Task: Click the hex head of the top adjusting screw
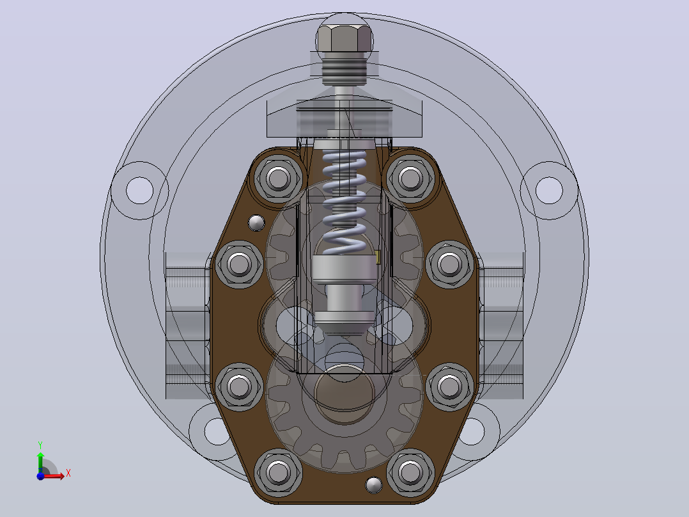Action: click(x=344, y=38)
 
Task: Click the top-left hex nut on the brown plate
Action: click(x=278, y=179)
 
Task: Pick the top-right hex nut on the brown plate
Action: click(x=410, y=179)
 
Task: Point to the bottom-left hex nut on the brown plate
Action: click(x=278, y=472)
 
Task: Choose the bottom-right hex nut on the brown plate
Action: click(x=410, y=472)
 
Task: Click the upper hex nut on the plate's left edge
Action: click(x=239, y=264)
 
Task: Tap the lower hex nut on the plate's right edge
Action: click(x=449, y=386)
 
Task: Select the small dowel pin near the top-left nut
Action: click(x=257, y=223)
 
